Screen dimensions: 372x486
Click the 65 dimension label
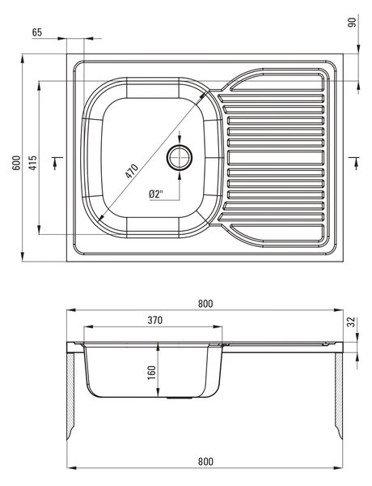37,32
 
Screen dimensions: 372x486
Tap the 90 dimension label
353,23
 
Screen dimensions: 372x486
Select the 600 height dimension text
16,163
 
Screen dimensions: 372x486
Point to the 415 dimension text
32,163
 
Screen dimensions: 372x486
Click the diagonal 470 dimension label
132,171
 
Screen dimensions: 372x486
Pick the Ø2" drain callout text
155,194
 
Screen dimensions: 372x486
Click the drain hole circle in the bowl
180,157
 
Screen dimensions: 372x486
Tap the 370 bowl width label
154,320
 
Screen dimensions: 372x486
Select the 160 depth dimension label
152,373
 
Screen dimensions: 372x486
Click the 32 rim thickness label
352,322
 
